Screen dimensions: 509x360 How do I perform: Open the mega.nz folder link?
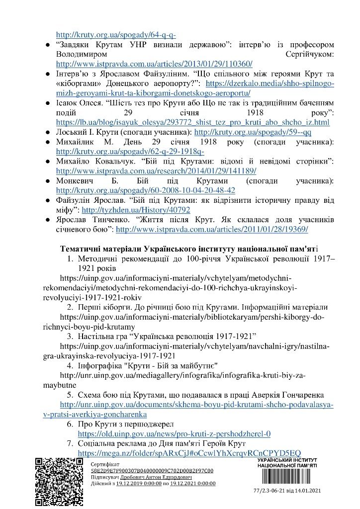(x=189, y=453)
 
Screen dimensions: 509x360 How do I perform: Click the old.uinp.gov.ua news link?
(x=174, y=433)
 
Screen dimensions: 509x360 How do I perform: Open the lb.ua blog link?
(x=193, y=122)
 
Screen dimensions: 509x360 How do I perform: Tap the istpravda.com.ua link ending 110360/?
(x=155, y=64)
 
